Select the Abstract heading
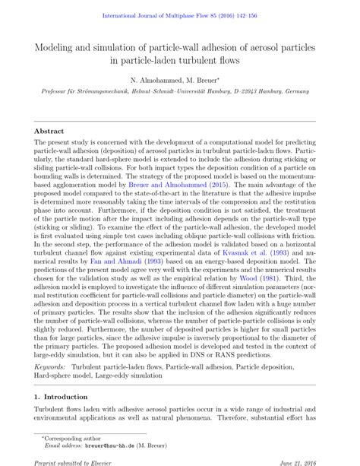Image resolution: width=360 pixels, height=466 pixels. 49,131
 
